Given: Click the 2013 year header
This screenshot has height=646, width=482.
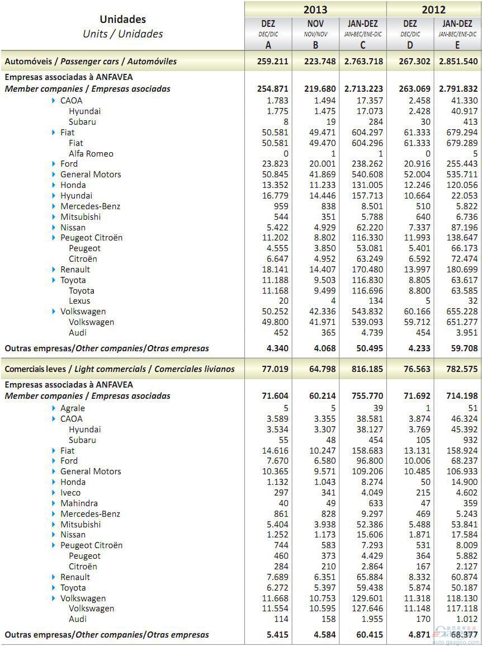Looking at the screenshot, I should click(x=315, y=10).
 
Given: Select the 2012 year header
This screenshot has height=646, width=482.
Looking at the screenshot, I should click(x=433, y=10).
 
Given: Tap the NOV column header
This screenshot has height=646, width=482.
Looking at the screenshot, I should click(x=315, y=23).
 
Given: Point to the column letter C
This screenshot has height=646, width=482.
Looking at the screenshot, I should click(x=363, y=45).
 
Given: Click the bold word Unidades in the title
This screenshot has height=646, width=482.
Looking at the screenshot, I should click(x=122, y=20).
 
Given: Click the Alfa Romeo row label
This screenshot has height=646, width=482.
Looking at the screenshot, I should click(x=91, y=154).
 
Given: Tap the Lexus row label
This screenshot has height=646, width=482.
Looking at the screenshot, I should click(x=79, y=301).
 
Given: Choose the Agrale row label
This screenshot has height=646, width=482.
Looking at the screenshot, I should click(x=73, y=408).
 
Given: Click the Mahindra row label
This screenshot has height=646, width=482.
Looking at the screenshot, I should click(x=79, y=503).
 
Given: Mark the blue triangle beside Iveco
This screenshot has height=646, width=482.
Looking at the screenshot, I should click(x=54, y=493).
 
